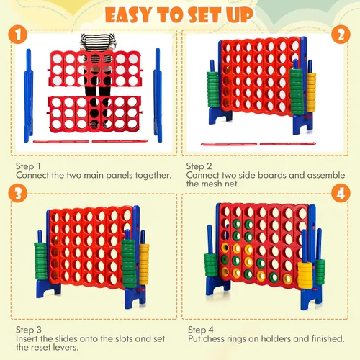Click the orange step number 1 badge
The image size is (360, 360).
(x=18, y=35)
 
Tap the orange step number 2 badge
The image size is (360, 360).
(x=341, y=35)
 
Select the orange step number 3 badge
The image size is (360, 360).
(x=18, y=193)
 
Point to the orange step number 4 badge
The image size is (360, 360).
(x=341, y=193)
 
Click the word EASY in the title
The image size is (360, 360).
(x=128, y=15)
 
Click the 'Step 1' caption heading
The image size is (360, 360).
(x=28, y=166)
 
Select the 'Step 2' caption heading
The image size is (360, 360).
(x=199, y=166)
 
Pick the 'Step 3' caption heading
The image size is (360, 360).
(x=29, y=330)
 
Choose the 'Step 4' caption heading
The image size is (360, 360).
(x=201, y=330)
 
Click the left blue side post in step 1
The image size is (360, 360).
(x=28, y=96)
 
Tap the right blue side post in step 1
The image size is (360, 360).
(x=158, y=95)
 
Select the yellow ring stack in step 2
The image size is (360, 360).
(x=311, y=92)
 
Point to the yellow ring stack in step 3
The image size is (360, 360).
(x=144, y=264)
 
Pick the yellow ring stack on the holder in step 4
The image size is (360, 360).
(x=305, y=275)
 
